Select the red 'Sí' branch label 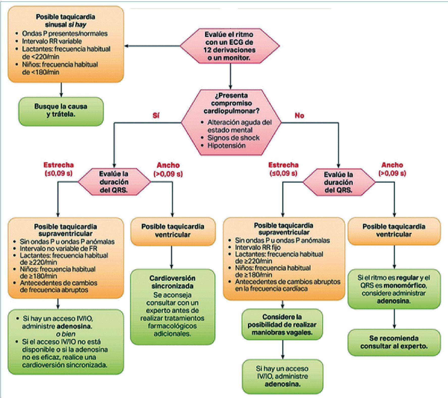(156, 116)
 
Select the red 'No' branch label (299, 116)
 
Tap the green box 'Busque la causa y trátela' (61, 111)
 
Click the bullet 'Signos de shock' (233, 138)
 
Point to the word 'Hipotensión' (226, 146)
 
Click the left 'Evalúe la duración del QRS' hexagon (114, 182)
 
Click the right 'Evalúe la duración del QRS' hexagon (338, 182)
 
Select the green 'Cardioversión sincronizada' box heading (172, 282)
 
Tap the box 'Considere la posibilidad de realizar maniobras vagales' (282, 324)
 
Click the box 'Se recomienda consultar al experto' (394, 342)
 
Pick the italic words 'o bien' (66, 334)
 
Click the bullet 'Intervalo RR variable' (52, 41)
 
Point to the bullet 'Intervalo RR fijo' (258, 247)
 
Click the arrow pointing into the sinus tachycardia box (127, 46)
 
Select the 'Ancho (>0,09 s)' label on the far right (392, 169)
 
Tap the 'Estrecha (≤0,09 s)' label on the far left (59, 169)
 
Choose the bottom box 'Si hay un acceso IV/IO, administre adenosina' (282, 376)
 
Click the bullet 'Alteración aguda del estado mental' (239, 126)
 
